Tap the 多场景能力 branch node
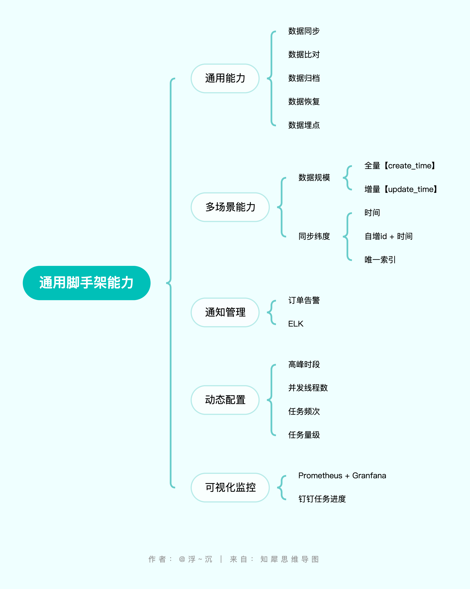coord(230,207)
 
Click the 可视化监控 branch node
coord(230,487)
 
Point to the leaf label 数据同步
coord(304,31)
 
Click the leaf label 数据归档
coord(304,78)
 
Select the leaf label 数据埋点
coord(304,125)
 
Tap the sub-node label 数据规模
coord(314,178)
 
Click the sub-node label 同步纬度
coord(314,236)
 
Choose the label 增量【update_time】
coord(401,189)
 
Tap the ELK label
coord(296,324)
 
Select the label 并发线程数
coord(308,388)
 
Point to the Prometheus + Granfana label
coord(342,476)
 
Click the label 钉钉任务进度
coord(322,499)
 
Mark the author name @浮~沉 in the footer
coord(195,559)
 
